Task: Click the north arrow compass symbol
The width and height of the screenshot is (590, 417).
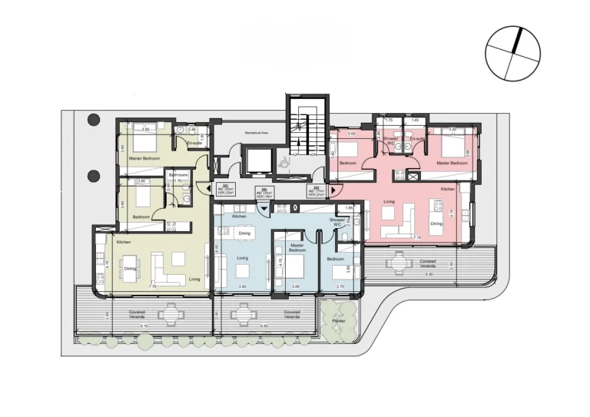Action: click(x=512, y=53)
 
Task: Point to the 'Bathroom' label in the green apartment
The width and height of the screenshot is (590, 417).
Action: click(x=179, y=175)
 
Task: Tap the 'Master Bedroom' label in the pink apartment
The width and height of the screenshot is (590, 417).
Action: click(x=452, y=164)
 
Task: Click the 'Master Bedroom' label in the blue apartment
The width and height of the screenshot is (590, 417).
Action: click(x=297, y=249)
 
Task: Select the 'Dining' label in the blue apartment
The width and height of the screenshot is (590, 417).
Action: click(x=244, y=233)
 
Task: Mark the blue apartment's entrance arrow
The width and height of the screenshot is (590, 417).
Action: click(x=264, y=207)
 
